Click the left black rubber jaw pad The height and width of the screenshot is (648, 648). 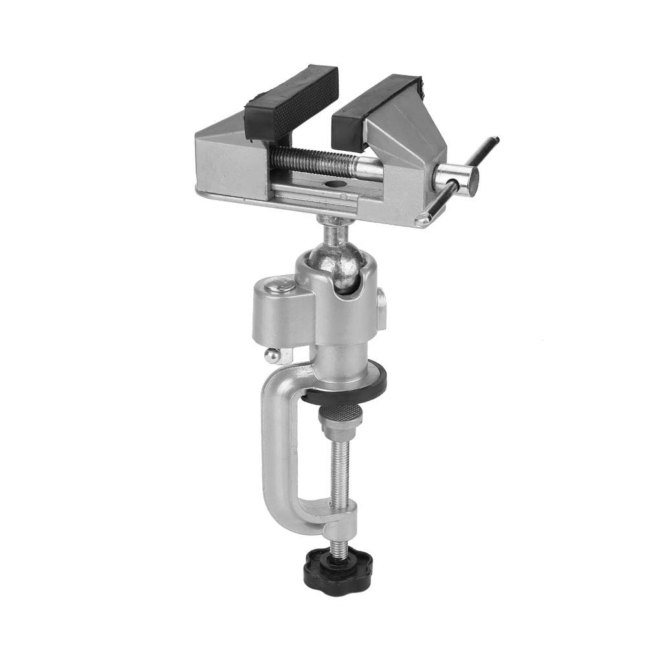tap(291, 104)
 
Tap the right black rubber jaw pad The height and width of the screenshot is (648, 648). tap(375, 107)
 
